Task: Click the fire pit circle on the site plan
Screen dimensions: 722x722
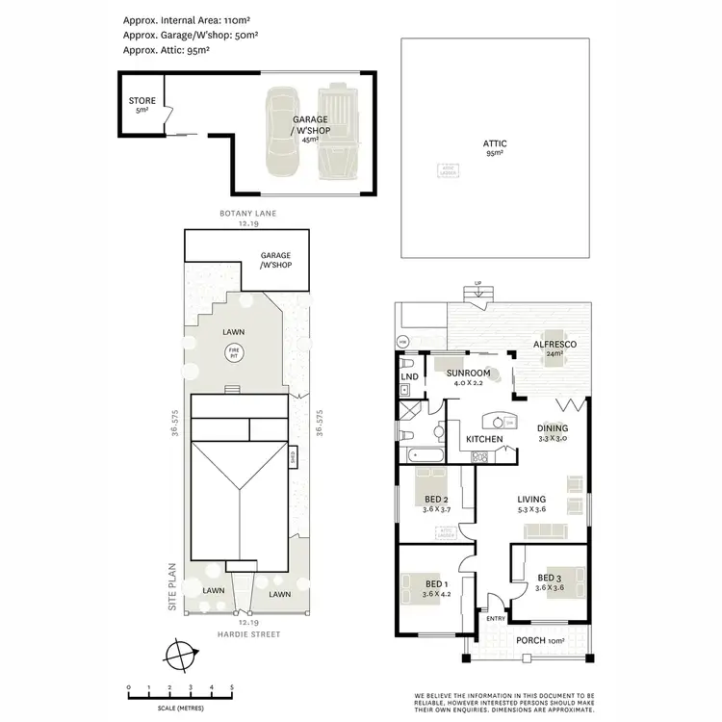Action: [x=232, y=354]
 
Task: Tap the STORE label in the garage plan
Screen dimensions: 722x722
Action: [x=142, y=100]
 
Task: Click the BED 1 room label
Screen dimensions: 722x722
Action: [x=435, y=584]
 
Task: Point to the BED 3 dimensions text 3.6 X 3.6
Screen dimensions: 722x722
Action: [x=553, y=587]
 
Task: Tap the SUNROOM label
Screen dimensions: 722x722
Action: [x=472, y=373]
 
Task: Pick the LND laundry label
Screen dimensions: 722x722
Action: [x=408, y=376]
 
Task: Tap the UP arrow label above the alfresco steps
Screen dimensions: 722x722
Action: [x=477, y=283]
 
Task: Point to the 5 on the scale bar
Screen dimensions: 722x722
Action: [x=231, y=687]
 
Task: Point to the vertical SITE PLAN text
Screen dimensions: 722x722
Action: [x=172, y=586]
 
